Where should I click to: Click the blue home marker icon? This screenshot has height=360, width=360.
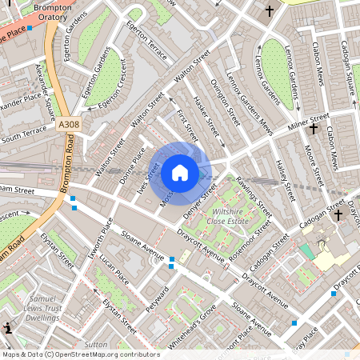[180, 172]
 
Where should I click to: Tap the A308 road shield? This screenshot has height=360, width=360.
[70, 125]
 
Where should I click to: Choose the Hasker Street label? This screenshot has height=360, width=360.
[209, 116]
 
